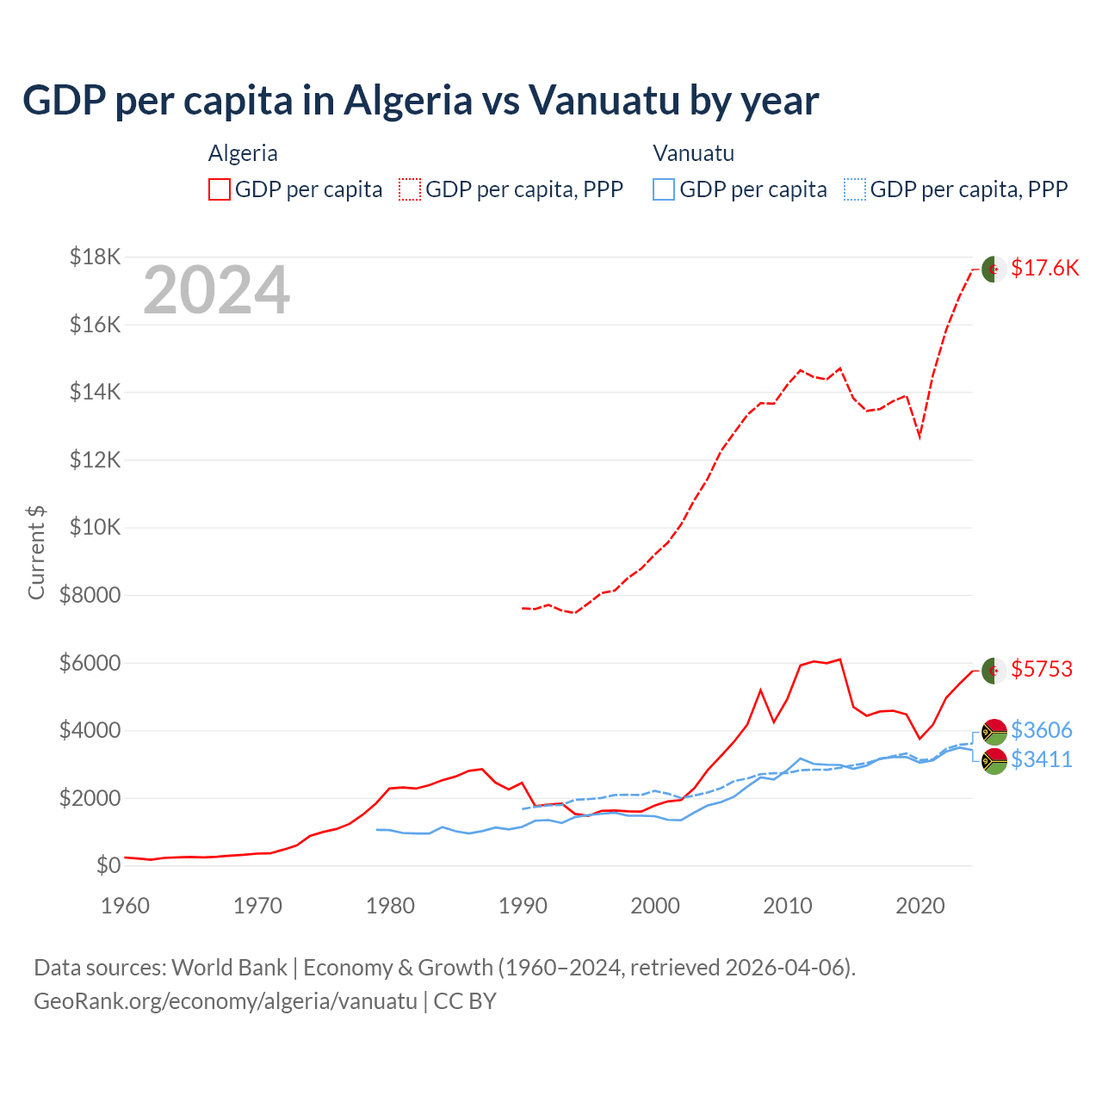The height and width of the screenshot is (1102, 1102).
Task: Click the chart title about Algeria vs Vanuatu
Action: click(420, 101)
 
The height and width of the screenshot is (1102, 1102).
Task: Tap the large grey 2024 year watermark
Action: click(216, 291)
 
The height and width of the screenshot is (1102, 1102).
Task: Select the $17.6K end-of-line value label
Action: click(1044, 268)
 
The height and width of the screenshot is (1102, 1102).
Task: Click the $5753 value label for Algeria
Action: click(1041, 669)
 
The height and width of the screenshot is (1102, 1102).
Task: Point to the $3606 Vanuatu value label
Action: click(1041, 730)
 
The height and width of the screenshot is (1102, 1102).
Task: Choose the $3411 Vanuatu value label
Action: click(1041, 759)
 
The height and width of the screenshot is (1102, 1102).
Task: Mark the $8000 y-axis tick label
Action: click(90, 595)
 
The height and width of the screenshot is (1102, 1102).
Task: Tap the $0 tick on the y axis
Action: click(108, 865)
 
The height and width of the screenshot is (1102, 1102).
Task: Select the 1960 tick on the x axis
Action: click(126, 906)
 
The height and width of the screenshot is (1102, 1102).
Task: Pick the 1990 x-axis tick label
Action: click(523, 906)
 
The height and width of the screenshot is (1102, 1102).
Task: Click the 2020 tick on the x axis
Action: click(919, 906)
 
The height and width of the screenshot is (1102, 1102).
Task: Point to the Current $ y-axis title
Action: click(36, 553)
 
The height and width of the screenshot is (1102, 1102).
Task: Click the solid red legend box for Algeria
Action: click(220, 189)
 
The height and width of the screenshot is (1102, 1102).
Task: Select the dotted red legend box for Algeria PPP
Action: click(410, 189)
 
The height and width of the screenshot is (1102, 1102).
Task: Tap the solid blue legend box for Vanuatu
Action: click(664, 189)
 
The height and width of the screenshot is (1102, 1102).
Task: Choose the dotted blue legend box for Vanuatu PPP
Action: click(855, 189)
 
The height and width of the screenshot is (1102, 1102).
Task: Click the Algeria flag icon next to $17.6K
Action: click(994, 269)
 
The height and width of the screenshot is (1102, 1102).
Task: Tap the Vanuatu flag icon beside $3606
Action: click(994, 732)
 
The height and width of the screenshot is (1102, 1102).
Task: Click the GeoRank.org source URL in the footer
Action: click(226, 1001)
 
